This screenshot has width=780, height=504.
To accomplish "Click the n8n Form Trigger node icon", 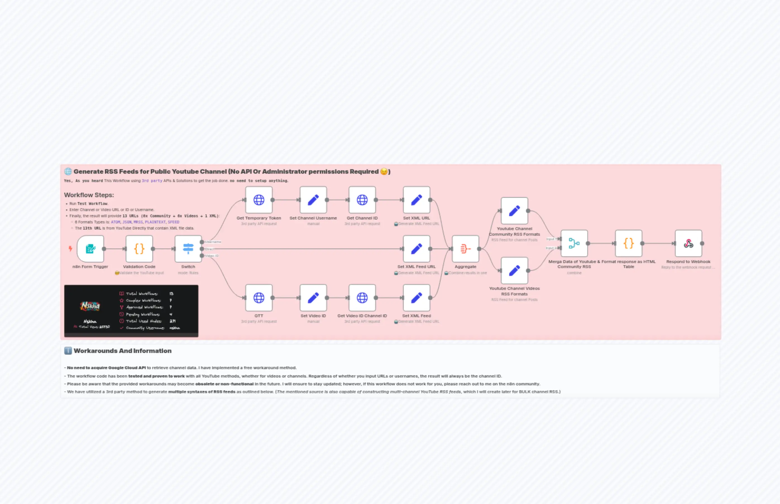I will (x=90, y=249).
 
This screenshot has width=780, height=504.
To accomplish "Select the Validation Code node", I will (x=139, y=249).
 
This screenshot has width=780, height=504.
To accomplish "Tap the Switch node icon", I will (x=188, y=249).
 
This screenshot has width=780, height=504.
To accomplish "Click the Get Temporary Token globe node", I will (x=259, y=200).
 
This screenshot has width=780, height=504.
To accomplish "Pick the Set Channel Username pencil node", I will (x=313, y=200).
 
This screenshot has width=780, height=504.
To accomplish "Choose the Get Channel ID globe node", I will (x=362, y=200).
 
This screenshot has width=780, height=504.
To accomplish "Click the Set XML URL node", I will (x=417, y=200).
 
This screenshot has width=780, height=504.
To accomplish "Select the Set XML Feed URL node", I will (x=417, y=249).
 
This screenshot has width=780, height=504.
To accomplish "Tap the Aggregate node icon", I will (x=465, y=249).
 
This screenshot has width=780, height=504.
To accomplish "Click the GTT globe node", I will (x=259, y=297).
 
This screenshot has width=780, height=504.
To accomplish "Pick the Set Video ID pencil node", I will (x=313, y=297).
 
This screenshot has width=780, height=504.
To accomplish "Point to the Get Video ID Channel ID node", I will (x=362, y=297).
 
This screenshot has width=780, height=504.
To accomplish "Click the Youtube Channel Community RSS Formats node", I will (x=514, y=211).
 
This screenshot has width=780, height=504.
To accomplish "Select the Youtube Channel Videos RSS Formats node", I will (x=514, y=270).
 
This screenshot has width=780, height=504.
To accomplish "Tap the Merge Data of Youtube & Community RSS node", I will (x=574, y=243).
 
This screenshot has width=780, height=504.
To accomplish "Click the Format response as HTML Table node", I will (x=628, y=243).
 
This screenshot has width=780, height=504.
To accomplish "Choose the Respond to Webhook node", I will (x=688, y=243).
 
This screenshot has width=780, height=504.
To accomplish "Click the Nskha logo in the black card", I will (x=90, y=306).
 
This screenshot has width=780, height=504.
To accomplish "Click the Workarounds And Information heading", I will (x=122, y=351).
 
